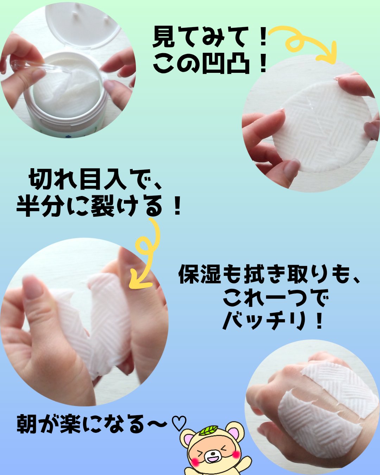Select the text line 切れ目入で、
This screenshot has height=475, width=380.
[x=95, y=179]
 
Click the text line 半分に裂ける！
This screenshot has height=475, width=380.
[x=99, y=207]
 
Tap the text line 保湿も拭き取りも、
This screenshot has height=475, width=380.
[x=270, y=274]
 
